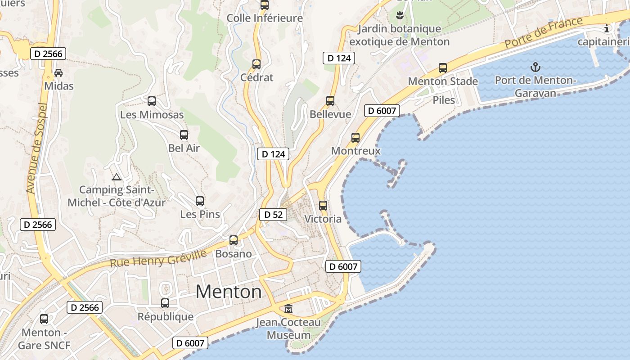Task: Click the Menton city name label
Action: point(229,292)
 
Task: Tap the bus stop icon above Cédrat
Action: point(256,64)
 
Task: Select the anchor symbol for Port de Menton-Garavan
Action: point(535,67)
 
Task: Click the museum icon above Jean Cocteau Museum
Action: point(288,309)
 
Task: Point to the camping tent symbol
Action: point(117,177)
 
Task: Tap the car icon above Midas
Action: point(58,72)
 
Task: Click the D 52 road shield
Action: point(273,215)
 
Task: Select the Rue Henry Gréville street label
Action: point(158,258)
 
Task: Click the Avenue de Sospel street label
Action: point(37,148)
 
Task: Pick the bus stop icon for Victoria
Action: point(323,206)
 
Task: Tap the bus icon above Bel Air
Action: point(184,135)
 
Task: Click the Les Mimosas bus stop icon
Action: point(152,101)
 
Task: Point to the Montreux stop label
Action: point(355,151)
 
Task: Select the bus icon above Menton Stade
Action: point(443,68)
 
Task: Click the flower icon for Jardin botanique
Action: point(399,16)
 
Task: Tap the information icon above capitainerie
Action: point(607,29)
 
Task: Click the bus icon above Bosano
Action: point(234,240)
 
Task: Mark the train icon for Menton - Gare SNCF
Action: point(44,319)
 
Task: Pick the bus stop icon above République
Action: point(165,303)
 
